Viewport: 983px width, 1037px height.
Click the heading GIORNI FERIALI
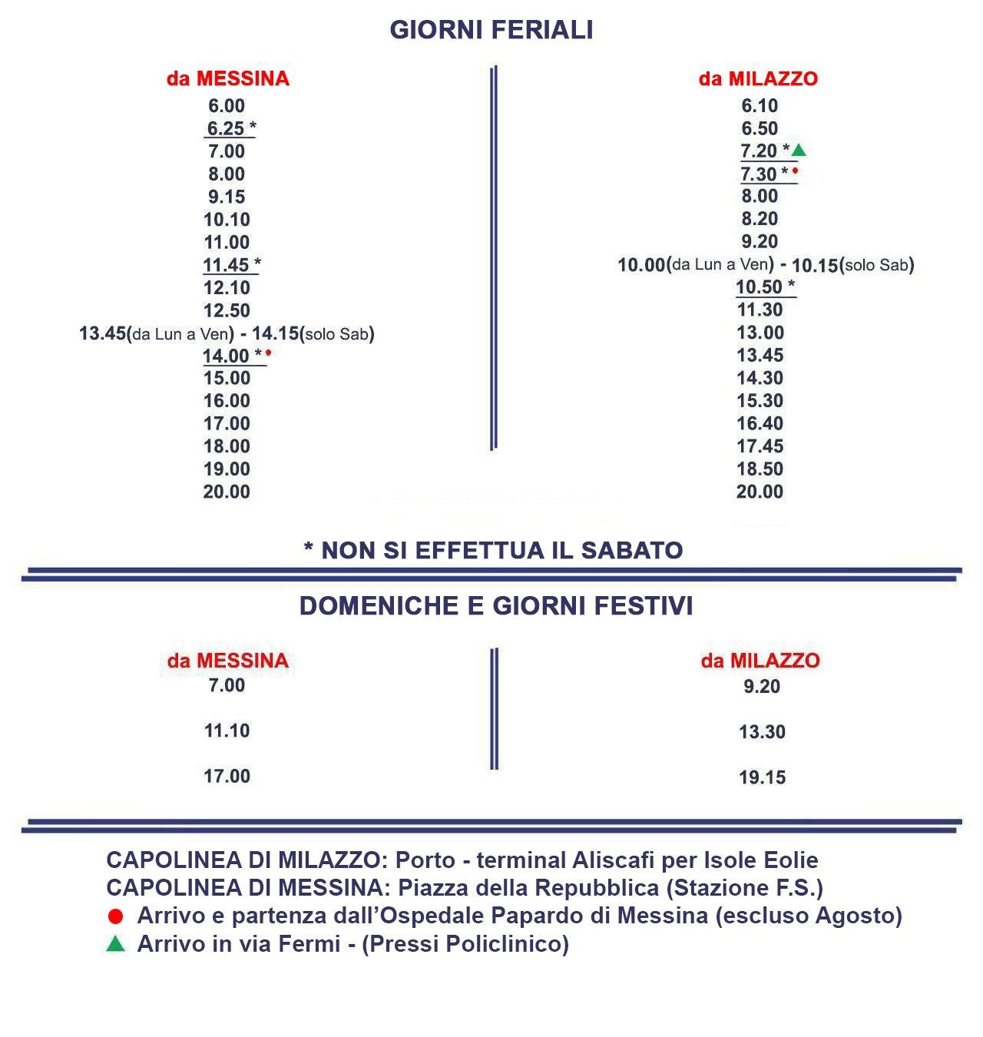491,30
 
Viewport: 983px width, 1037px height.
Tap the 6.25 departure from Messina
226,129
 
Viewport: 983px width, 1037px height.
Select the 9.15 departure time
227,197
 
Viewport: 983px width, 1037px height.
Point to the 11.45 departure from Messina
226,265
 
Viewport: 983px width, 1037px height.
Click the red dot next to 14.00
269,353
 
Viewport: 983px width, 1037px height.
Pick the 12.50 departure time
227,310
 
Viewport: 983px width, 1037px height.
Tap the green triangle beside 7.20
799,150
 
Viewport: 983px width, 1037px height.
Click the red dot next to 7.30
796,171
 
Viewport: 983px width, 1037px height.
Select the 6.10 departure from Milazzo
760,106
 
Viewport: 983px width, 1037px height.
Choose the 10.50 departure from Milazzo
759,287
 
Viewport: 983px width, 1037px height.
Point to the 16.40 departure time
760,423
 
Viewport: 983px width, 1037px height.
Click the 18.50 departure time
760,469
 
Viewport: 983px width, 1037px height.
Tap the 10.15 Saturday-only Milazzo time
814,265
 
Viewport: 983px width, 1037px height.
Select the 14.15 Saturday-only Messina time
275,333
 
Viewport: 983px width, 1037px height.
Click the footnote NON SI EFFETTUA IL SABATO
493,550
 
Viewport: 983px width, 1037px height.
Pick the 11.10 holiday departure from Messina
227,731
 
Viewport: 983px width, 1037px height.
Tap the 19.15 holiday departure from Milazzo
762,777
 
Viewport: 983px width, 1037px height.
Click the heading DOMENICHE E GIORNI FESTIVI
496,605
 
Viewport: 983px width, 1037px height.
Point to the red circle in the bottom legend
116,916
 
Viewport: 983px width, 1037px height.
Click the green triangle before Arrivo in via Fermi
115,944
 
